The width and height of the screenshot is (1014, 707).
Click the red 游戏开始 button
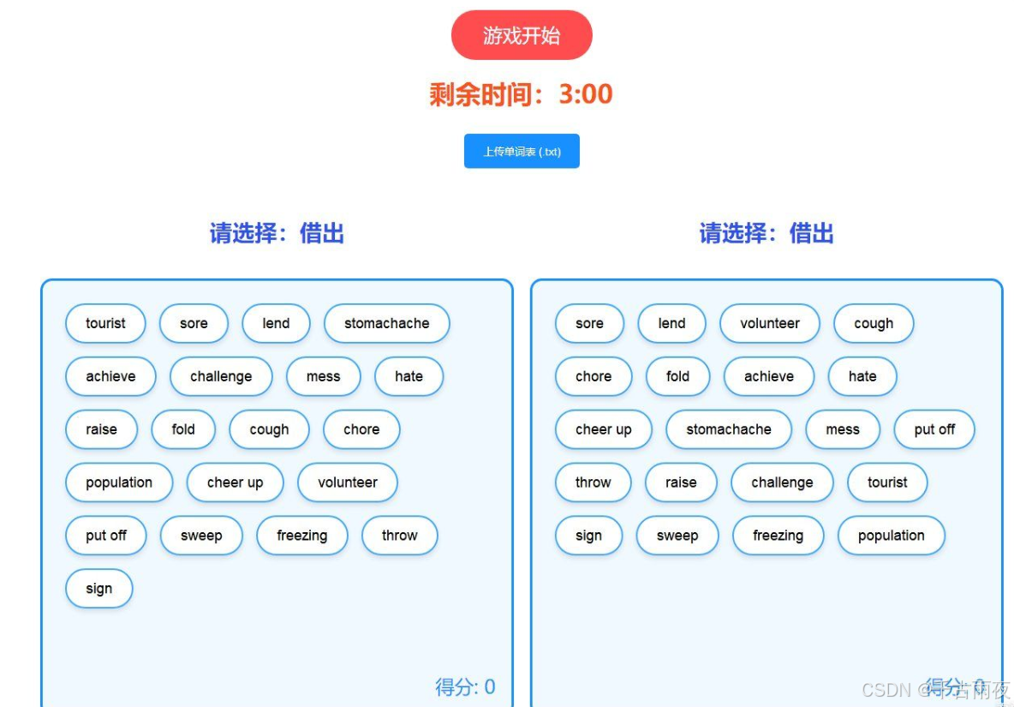point(522,35)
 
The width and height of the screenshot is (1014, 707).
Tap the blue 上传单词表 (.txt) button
point(522,152)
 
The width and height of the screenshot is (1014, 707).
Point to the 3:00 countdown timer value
point(586,93)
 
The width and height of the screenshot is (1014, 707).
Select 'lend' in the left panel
point(276,323)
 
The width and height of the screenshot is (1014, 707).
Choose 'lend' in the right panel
point(671,323)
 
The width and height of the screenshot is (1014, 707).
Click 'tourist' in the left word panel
point(105,323)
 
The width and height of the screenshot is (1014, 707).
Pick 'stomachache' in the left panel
point(386,323)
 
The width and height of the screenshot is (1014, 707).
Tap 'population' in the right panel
point(891,536)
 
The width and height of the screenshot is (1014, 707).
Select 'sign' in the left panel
point(98,589)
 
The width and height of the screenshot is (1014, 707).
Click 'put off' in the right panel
point(933,429)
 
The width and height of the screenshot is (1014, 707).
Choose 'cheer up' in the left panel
point(235,482)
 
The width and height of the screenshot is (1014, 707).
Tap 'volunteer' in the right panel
point(769,323)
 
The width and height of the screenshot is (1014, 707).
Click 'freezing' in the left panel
point(301,536)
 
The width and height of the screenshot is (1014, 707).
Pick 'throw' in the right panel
point(593,482)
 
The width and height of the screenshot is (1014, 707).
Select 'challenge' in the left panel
point(221,376)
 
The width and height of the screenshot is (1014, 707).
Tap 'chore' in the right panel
point(593,376)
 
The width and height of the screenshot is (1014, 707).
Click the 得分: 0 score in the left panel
point(465,686)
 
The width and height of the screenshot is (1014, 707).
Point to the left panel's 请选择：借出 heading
point(277,233)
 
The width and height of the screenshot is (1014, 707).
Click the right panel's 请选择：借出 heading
point(766,233)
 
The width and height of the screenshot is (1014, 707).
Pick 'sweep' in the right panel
point(677,536)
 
